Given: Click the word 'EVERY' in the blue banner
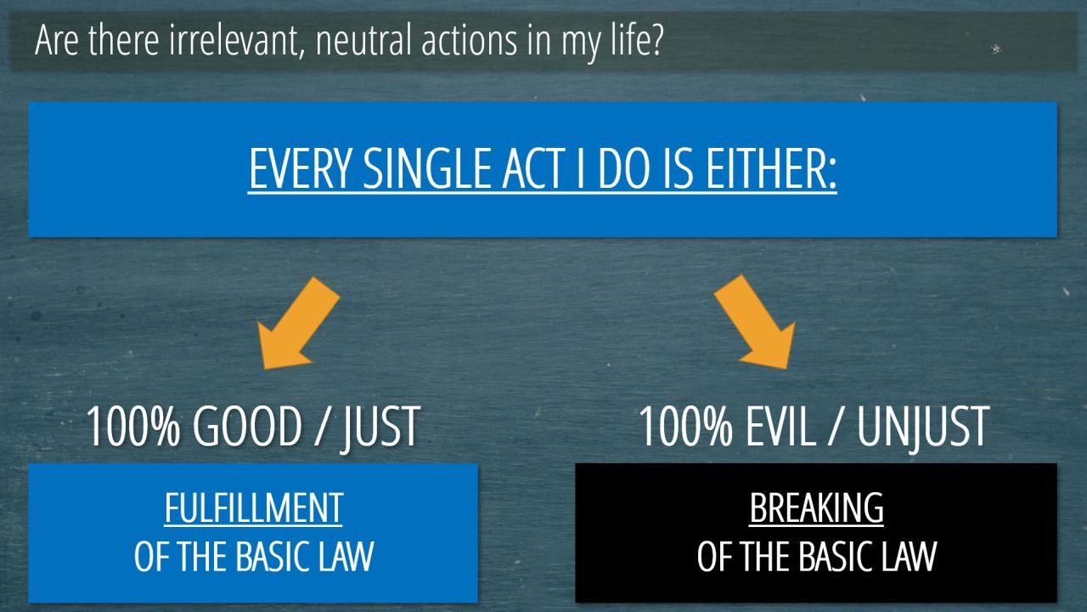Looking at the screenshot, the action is (x=300, y=168).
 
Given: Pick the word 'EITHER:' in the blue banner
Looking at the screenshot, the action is (x=771, y=168).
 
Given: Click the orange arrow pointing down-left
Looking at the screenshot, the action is (x=298, y=323).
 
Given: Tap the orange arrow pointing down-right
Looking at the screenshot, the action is (x=755, y=322).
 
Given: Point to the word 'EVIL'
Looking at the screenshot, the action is (x=780, y=427).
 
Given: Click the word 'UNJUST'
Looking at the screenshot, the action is (x=922, y=428).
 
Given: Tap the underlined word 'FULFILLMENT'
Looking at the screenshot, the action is (x=254, y=508).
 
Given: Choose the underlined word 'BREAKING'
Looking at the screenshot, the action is (x=816, y=508).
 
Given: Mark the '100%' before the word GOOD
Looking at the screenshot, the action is (x=133, y=427).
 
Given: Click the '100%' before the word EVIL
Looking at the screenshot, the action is (x=686, y=427).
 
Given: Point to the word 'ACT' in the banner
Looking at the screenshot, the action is (x=533, y=168).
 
